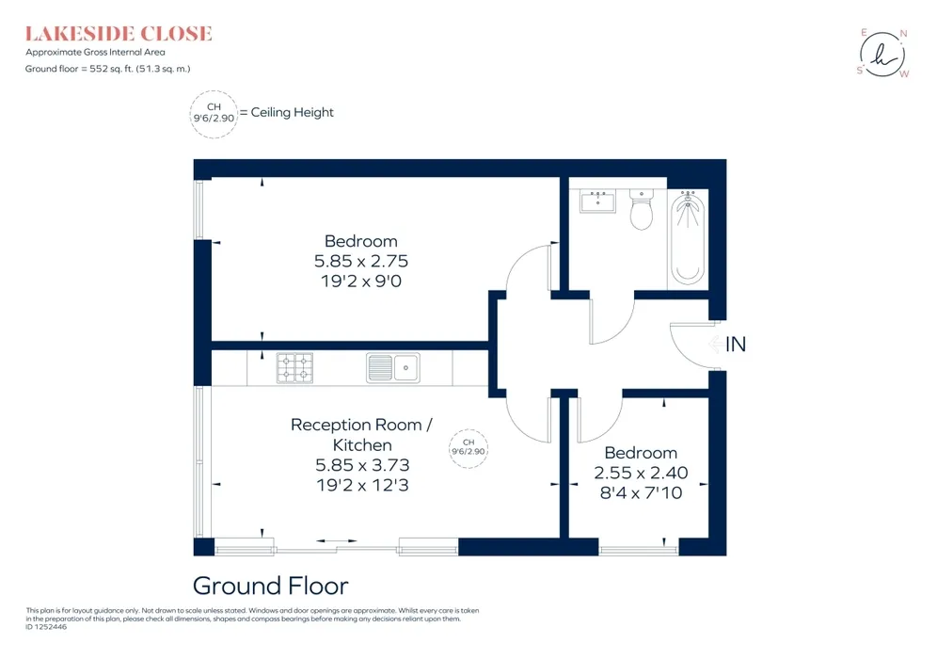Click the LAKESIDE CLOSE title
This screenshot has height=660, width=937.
click(x=119, y=34)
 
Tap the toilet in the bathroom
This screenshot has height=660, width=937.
click(x=642, y=210)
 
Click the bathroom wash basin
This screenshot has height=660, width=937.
click(x=597, y=201)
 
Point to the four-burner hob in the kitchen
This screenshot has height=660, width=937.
click(x=294, y=368)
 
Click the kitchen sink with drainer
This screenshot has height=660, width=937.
click(x=392, y=368)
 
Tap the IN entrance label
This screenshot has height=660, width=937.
click(x=736, y=345)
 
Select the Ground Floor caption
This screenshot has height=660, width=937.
click(x=270, y=586)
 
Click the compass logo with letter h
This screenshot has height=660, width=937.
click(x=883, y=54)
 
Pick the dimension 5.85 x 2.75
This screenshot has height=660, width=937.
click(x=361, y=261)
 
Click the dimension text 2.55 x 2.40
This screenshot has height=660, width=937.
click(x=641, y=473)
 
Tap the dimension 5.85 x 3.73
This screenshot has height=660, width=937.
click(x=362, y=465)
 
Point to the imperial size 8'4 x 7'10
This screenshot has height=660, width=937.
click(x=641, y=492)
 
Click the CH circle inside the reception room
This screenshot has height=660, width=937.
click(x=468, y=448)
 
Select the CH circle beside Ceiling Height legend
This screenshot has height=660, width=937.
click(x=214, y=114)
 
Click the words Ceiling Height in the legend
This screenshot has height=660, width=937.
click(x=293, y=112)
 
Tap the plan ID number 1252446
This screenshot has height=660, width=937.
click(x=51, y=627)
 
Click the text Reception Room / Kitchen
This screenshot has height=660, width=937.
click(x=361, y=435)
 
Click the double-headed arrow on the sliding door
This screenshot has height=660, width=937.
click(x=337, y=541)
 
